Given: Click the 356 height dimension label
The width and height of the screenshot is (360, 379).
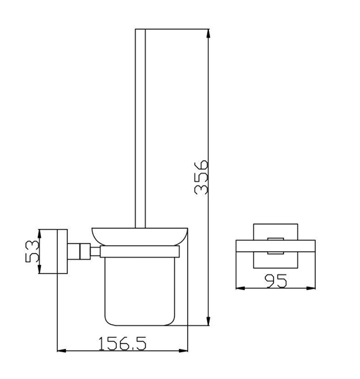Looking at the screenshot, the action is click(x=201, y=177).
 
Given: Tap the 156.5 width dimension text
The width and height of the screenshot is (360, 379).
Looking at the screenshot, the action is click(x=122, y=344).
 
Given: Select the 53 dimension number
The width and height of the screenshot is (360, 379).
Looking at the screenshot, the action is click(x=32, y=251).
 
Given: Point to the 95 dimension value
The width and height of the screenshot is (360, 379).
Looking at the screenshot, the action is click(x=275, y=281).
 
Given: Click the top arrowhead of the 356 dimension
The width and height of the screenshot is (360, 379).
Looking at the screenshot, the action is click(x=208, y=34).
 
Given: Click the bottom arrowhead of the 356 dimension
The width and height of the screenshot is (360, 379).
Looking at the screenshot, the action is click(x=208, y=321).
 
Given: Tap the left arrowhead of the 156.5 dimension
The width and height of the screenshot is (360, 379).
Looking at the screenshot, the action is click(x=62, y=350).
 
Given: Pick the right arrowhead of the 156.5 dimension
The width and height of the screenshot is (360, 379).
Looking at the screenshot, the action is click(x=183, y=350).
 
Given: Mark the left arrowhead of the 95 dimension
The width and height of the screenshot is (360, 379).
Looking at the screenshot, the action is click(x=240, y=288).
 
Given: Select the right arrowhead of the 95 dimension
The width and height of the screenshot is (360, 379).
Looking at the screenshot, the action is click(x=311, y=288).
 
